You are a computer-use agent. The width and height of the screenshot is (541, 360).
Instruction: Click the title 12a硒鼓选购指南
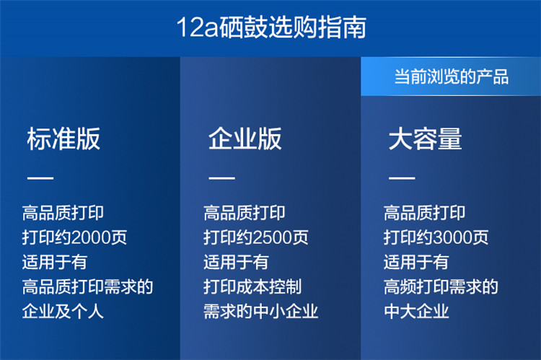(271, 27)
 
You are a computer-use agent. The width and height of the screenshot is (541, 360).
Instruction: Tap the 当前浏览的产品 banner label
(452, 76)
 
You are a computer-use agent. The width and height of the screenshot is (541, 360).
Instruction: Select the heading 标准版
(63, 139)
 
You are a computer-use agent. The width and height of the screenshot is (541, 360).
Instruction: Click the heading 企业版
(245, 139)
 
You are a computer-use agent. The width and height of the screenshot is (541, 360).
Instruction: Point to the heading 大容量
(425, 139)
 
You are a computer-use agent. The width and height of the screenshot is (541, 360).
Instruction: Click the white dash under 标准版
(40, 178)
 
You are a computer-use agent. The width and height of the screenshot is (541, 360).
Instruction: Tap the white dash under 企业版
(221, 178)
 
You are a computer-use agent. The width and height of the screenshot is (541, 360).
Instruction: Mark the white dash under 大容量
(402, 178)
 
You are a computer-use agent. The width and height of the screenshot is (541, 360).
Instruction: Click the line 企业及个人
(63, 312)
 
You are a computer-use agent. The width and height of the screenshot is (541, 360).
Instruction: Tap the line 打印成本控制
(252, 287)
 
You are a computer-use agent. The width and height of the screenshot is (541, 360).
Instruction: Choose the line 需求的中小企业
(261, 312)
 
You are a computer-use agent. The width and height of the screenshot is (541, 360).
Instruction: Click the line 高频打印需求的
(441, 287)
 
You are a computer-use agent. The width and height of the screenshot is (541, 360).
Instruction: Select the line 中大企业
(416, 312)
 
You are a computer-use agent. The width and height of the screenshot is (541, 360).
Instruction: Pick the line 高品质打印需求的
(87, 287)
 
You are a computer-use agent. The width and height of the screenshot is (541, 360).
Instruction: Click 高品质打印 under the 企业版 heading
(245, 213)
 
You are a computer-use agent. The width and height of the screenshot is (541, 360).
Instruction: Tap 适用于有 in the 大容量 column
(416, 262)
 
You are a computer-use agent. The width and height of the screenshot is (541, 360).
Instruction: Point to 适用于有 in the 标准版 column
(55, 262)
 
